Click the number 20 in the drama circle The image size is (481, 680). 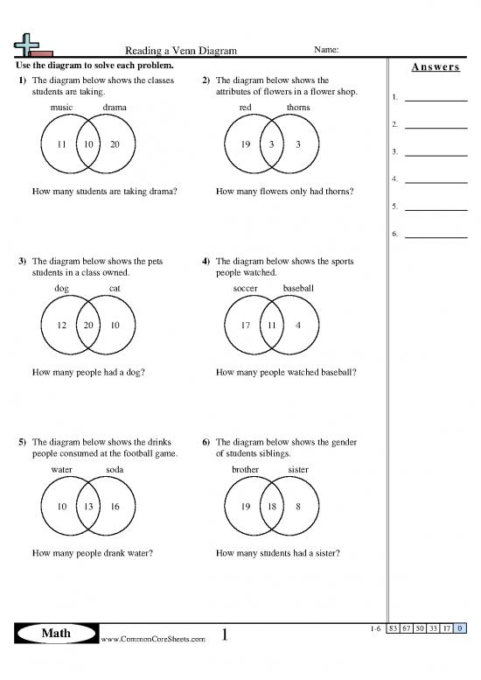coord(115,144)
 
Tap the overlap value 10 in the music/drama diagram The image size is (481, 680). coord(88,144)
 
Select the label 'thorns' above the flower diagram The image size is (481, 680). coord(297,108)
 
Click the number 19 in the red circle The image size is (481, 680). coord(245,144)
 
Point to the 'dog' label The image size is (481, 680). coord(61,288)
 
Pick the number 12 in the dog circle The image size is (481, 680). coord(61,325)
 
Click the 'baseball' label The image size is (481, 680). coord(298,288)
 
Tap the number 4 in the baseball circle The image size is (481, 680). coord(299,325)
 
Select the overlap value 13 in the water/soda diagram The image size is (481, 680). coord(88,507)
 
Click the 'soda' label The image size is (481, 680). coord(115,470)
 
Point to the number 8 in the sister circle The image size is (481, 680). coord(299,507)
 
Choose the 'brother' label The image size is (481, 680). coord(245,470)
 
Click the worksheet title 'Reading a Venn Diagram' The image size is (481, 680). coord(181,50)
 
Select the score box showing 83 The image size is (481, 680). coord(394,628)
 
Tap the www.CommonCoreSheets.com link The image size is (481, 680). coord(153,640)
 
